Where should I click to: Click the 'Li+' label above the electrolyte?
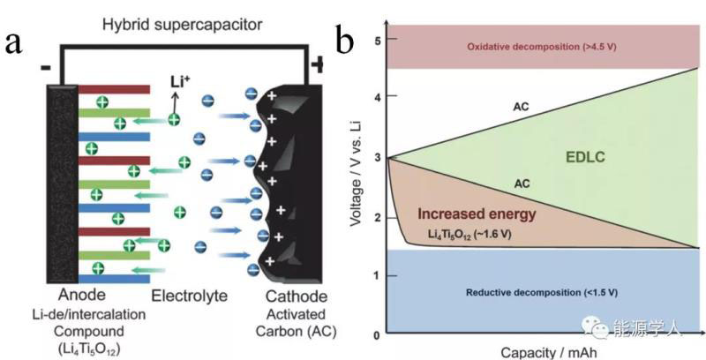point(179,83)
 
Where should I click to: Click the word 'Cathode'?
point(297,296)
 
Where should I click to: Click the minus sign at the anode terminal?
point(44,67)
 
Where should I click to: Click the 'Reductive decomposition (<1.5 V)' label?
point(541,292)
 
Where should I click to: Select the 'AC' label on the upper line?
point(521,108)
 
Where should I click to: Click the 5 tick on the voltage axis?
point(377,41)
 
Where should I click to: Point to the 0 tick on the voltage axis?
point(377,334)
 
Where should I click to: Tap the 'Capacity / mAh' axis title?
point(539,351)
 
